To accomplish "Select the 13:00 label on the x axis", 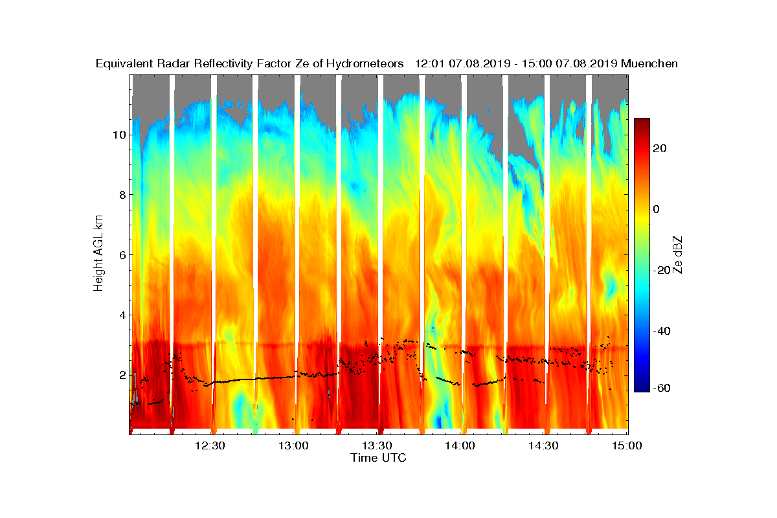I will (293, 445).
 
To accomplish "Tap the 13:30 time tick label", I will (377, 445).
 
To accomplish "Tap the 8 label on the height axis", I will (122, 195).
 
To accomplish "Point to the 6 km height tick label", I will (122, 255).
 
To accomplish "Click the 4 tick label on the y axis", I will (122, 315).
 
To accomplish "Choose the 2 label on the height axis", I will (122, 376).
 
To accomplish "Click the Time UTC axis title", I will (378, 458).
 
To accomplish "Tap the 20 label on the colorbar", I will (660, 148).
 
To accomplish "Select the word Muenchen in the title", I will (649, 63).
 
